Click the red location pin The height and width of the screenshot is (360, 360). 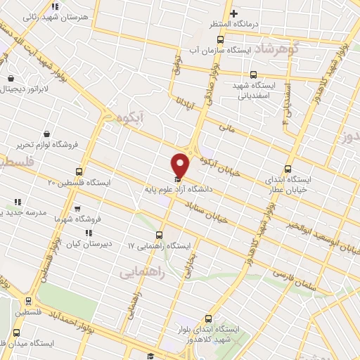(180, 165)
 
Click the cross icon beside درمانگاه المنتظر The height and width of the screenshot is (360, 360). (234, 13)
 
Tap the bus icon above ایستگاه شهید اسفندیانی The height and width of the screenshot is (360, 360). (253, 75)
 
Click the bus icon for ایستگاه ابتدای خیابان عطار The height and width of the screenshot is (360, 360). (287, 169)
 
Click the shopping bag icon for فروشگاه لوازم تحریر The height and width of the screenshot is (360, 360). (46, 133)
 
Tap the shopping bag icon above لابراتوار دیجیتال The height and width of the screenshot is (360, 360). (11, 78)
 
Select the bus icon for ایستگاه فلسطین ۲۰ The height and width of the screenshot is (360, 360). (79, 171)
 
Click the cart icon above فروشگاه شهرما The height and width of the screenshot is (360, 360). (77, 208)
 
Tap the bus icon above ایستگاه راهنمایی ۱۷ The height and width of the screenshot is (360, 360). (160, 235)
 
